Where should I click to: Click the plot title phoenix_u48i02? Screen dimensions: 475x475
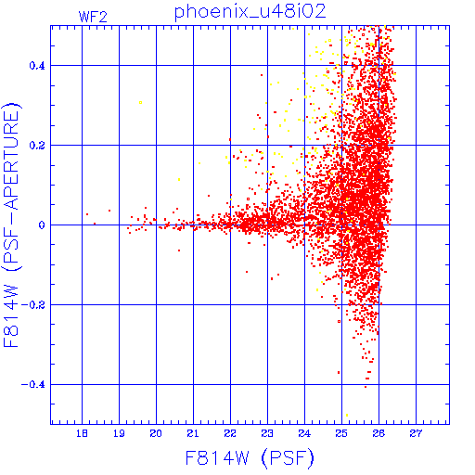click(250, 12)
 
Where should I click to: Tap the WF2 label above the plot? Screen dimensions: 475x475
click(93, 17)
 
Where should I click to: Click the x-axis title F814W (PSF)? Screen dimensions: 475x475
click(250, 457)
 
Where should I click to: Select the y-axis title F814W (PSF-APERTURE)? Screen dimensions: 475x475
click(12, 225)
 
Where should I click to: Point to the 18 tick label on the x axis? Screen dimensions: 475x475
click(82, 433)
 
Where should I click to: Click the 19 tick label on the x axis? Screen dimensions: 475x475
click(119, 433)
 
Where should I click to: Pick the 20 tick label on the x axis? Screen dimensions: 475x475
click(156, 433)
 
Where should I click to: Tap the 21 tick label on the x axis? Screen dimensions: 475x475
click(193, 433)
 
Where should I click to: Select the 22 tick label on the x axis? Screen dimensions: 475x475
click(230, 433)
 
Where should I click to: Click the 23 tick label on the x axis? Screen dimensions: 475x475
click(267, 433)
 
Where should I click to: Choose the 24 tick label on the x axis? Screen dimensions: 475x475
click(304, 433)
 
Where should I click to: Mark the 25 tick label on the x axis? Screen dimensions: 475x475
click(341, 433)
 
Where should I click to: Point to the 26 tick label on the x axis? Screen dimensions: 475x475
click(379, 433)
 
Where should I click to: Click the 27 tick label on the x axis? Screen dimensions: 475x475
click(416, 433)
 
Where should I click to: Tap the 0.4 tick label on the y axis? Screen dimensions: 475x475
click(37, 66)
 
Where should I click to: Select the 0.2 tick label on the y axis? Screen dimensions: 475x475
click(37, 146)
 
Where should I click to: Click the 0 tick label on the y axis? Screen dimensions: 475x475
click(42, 225)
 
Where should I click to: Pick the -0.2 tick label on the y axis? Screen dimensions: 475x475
click(33, 305)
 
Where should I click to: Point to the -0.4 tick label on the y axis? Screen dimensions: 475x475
click(33, 385)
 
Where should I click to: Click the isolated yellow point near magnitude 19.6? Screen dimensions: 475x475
click(140, 102)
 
